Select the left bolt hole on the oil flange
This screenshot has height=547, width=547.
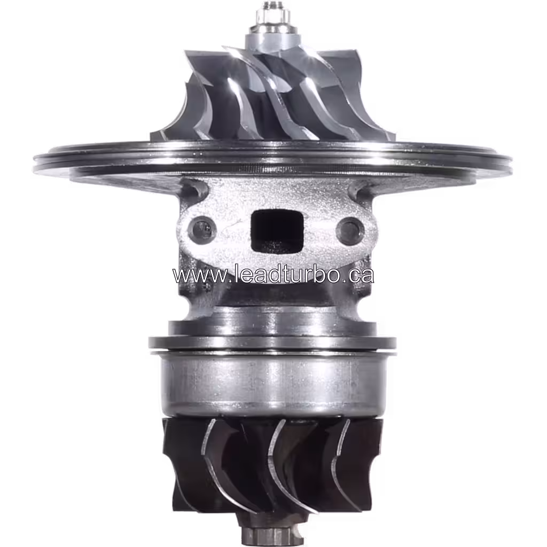[x=204, y=229]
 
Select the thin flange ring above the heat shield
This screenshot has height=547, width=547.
[x=272, y=342]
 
